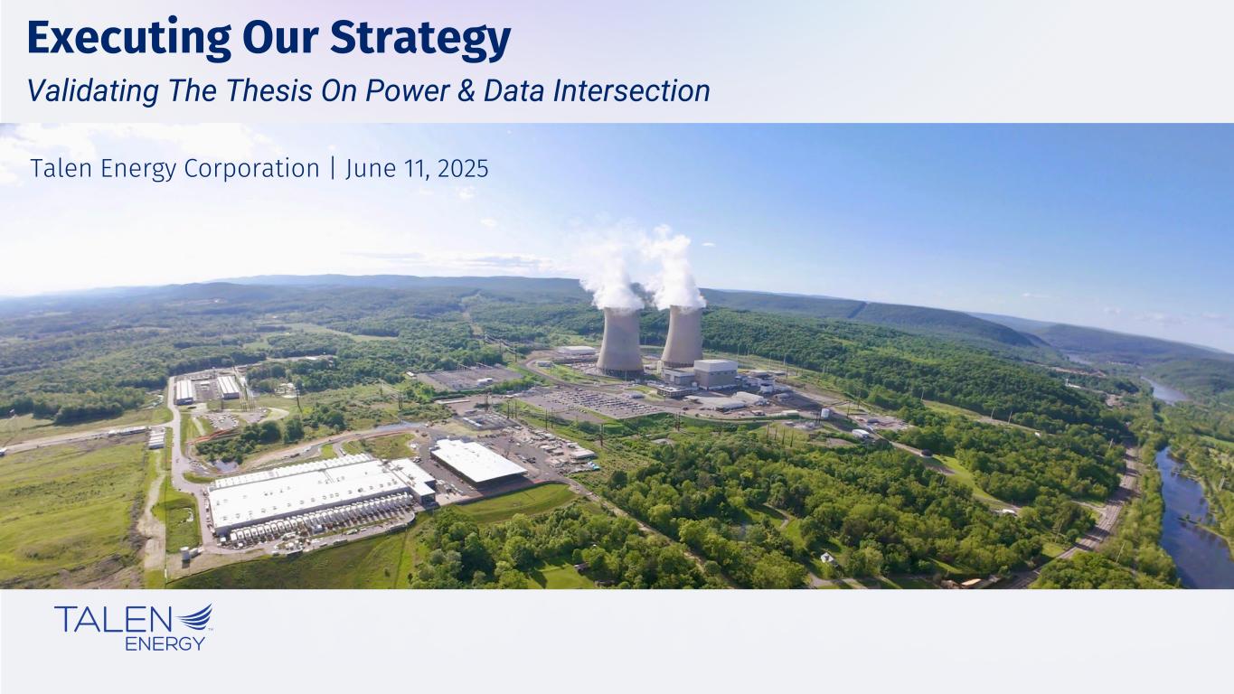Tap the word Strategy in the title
tap(421, 40)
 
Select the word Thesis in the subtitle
tap(269, 90)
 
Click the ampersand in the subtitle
tap(466, 91)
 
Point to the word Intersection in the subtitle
tap(631, 91)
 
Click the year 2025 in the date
tap(463, 169)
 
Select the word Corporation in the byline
tap(251, 169)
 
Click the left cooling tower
tap(620, 341)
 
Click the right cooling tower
tap(682, 336)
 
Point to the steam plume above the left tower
tap(611, 276)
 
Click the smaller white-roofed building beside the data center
tap(477, 462)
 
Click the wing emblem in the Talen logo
tap(195, 617)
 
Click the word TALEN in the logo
tap(113, 619)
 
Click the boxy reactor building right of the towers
tap(715, 373)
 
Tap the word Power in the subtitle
tap(407, 91)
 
